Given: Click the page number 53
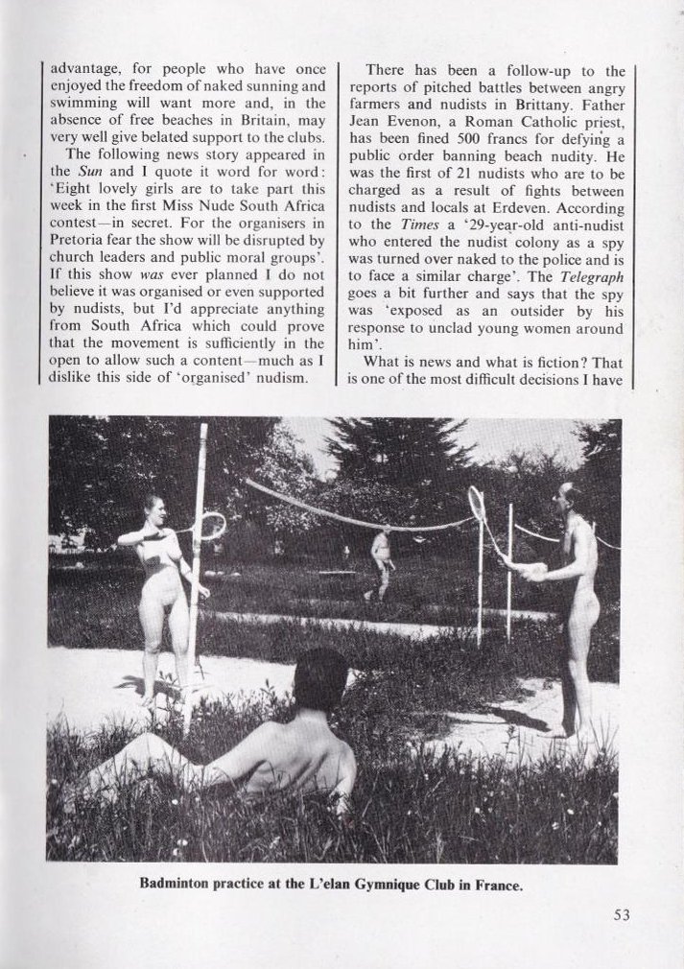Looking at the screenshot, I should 622,914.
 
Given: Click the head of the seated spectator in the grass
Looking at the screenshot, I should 319,680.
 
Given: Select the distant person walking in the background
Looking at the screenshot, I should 381,561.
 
